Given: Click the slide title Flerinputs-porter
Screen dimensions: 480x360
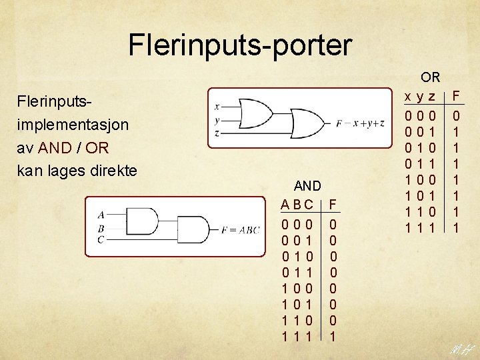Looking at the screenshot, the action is click(239, 45).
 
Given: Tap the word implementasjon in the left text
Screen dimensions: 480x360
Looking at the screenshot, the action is click(73, 125).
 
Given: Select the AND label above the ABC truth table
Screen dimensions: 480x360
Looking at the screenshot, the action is click(307, 185).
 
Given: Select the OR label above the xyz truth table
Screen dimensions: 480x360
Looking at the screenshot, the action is click(431, 78).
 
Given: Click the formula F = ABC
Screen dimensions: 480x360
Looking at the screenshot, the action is click(239, 230).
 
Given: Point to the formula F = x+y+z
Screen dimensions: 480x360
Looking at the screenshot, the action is click(360, 123).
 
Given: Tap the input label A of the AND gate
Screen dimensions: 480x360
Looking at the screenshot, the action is click(101, 215).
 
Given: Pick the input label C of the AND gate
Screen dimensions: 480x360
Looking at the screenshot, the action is click(101, 239).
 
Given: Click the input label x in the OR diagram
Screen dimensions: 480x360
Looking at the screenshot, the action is click(217, 106).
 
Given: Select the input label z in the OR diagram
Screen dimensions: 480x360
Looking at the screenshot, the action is click(217, 133).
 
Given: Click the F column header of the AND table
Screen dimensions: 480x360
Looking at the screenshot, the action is click(333, 204).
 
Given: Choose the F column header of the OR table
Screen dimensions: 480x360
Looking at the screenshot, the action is click(457, 97).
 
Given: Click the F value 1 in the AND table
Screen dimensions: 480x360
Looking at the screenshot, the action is click(333, 337).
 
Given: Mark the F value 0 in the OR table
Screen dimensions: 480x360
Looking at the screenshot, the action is click(457, 115).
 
